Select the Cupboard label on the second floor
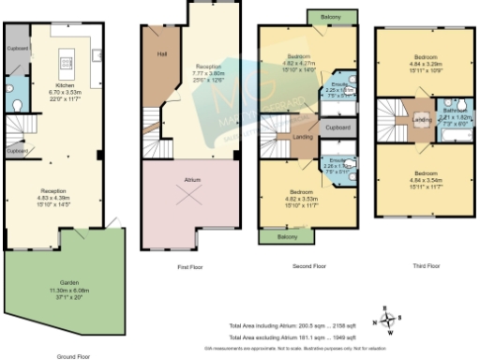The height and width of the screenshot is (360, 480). pos(338,127)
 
